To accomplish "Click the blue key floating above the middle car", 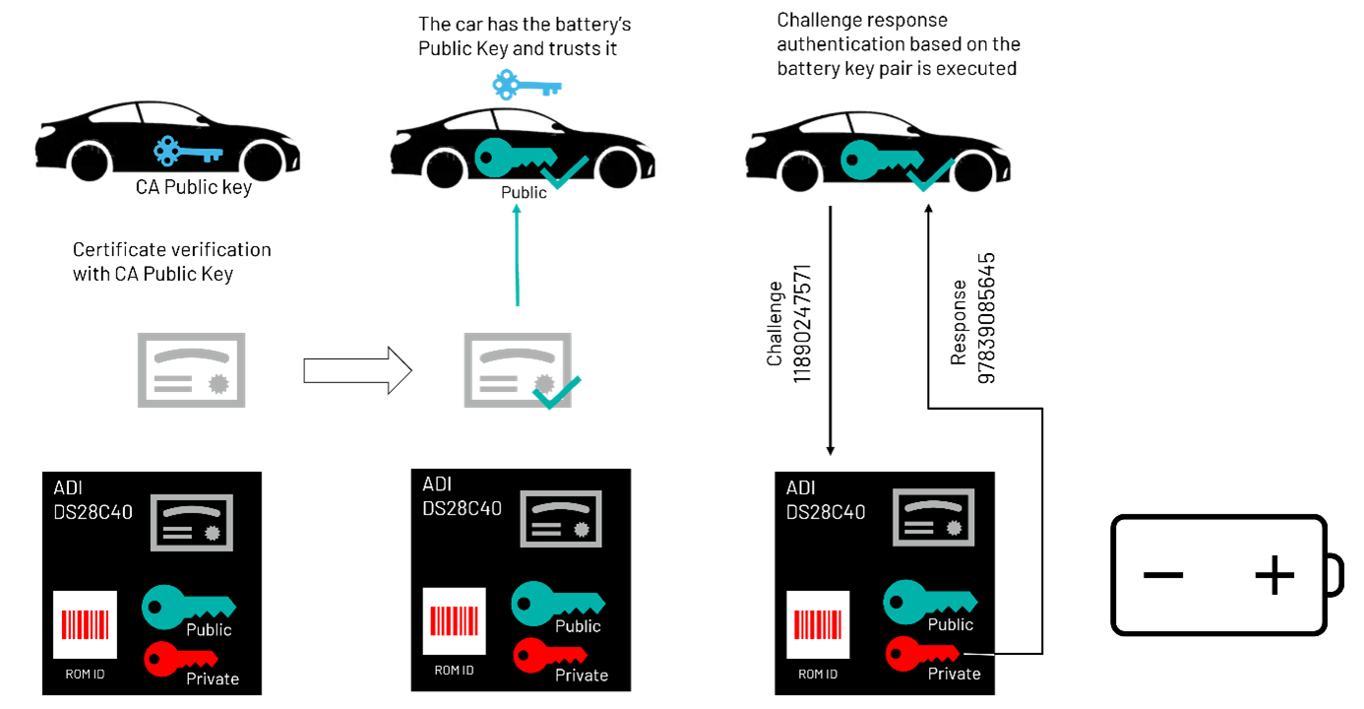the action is [x=527, y=86].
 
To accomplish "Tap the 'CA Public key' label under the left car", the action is [x=194, y=187].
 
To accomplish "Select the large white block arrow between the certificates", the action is [x=358, y=370].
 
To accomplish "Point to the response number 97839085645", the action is [x=986, y=319].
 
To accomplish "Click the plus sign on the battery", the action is [x=1274, y=574].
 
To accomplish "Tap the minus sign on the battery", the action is [x=1163, y=575].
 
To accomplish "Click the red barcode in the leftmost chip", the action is [x=86, y=624].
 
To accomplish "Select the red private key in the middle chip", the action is [x=550, y=655].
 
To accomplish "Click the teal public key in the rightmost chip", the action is [x=930, y=602].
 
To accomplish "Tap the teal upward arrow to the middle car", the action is [x=517, y=255].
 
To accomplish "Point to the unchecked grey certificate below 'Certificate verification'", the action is [x=191, y=369].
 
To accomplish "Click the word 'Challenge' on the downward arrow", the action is [x=775, y=324].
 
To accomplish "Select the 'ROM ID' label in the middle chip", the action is [x=455, y=670].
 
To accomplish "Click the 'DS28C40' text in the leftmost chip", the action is [x=93, y=512].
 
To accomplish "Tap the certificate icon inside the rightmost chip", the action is [x=934, y=517].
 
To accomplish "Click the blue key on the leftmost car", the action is [x=188, y=151].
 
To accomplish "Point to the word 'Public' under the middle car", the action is [x=524, y=192].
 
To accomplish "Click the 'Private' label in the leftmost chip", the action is [x=213, y=678].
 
